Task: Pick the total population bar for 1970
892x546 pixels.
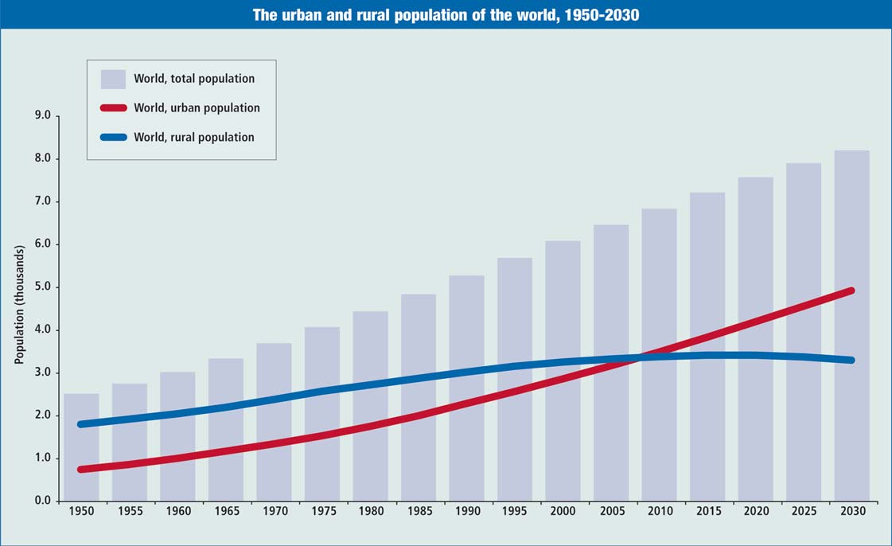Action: tap(274, 421)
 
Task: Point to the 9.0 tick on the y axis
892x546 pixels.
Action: tap(43, 115)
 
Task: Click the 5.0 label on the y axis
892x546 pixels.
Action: tap(43, 287)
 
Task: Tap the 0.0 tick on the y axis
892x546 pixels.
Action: tap(43, 501)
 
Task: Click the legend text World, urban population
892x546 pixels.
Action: tap(197, 107)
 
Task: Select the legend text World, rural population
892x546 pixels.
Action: tap(194, 137)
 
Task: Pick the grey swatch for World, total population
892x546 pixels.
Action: tap(113, 79)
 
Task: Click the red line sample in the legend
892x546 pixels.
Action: tap(113, 107)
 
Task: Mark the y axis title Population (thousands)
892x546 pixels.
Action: tap(20, 304)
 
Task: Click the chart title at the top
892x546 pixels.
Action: tap(446, 14)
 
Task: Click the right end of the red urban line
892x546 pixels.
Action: tap(851, 291)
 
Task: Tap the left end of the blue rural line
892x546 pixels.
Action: tap(81, 424)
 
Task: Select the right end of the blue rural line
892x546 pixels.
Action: tap(851, 361)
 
